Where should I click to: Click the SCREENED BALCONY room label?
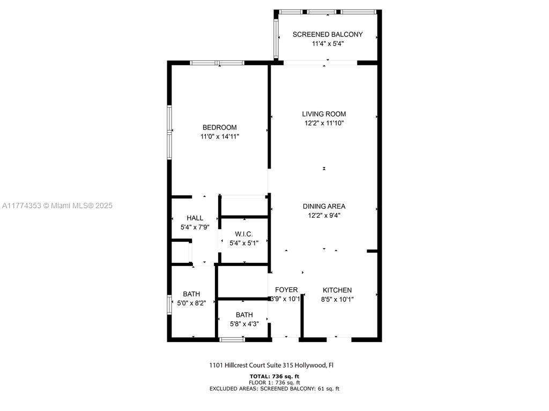[x=328, y=34]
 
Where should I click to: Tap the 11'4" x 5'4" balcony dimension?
[x=328, y=44]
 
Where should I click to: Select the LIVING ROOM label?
[x=324, y=114]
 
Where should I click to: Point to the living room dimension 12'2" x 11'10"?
[x=324, y=123]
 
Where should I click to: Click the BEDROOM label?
[x=219, y=127]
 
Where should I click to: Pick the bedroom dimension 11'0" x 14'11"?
[x=219, y=136]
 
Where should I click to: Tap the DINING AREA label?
[x=324, y=206]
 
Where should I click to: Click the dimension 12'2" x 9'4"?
[x=324, y=216]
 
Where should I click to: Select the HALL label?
[x=195, y=218]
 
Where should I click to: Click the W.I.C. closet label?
[x=244, y=234]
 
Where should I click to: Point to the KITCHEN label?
[x=337, y=290]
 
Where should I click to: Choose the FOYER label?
[x=286, y=290]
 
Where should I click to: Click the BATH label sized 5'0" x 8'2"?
[x=191, y=294]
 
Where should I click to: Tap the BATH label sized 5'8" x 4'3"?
[x=244, y=315]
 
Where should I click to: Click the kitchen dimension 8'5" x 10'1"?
[x=337, y=299]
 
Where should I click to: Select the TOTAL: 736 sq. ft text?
[x=274, y=376]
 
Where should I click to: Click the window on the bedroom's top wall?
[x=217, y=63]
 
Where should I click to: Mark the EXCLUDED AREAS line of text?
[x=274, y=389]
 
